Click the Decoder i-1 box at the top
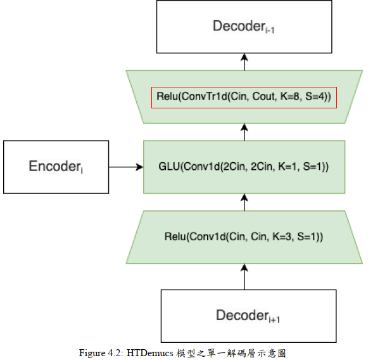244,27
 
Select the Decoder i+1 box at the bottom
249,316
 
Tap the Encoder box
56,167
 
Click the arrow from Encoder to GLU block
126,167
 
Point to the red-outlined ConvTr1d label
244,98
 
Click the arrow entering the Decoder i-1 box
244,62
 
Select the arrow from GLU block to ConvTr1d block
244,132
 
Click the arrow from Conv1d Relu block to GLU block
244,202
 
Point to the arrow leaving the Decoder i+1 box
244,277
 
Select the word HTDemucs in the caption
150,353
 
